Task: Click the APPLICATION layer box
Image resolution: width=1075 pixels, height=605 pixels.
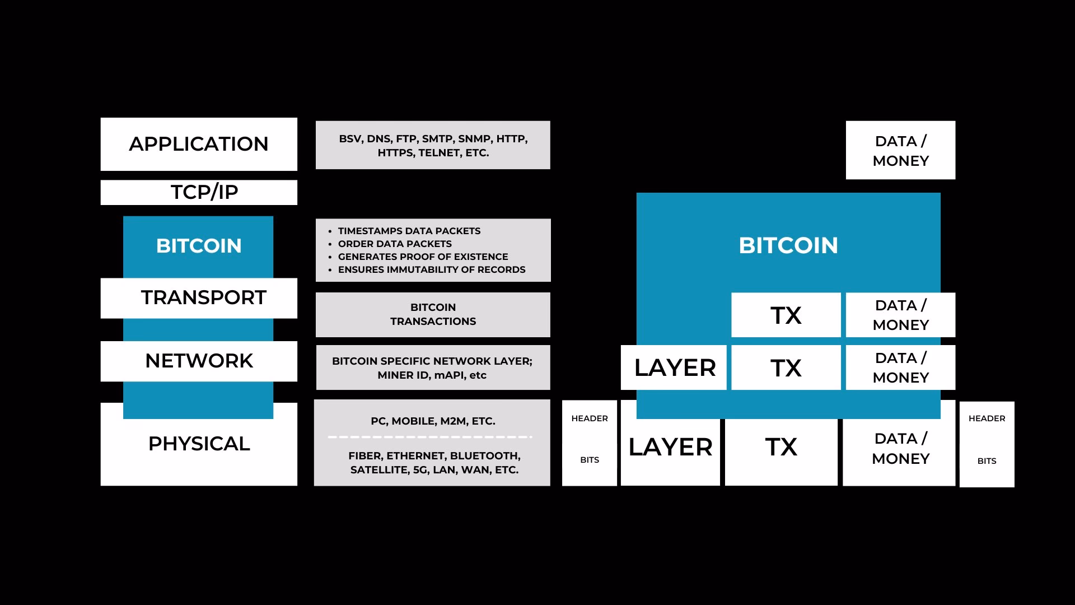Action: pyautogui.click(x=199, y=144)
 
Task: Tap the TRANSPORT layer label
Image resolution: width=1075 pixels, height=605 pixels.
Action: pyautogui.click(x=203, y=297)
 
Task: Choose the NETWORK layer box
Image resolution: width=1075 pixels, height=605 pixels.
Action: pyautogui.click(x=199, y=361)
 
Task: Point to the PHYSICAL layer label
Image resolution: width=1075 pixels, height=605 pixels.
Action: pyautogui.click(x=199, y=444)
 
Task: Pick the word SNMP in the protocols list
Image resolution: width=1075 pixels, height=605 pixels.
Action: pyautogui.click(x=474, y=139)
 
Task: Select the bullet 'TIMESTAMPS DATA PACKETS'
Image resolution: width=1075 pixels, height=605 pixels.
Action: pyautogui.click(x=409, y=231)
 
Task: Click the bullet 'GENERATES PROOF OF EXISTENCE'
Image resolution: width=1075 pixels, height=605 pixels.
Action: pyautogui.click(x=423, y=257)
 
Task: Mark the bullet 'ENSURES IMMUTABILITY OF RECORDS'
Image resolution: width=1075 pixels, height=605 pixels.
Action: pyautogui.click(x=431, y=269)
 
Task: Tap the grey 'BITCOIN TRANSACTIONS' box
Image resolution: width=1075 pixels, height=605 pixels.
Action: pyautogui.click(x=433, y=314)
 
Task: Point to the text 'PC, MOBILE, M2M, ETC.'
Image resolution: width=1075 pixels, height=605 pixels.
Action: pyautogui.click(x=433, y=421)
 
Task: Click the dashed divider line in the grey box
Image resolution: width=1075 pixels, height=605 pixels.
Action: pyautogui.click(x=429, y=437)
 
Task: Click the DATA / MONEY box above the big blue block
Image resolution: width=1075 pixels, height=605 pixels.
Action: pyautogui.click(x=900, y=150)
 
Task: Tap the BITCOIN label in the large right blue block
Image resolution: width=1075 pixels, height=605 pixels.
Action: pyautogui.click(x=788, y=245)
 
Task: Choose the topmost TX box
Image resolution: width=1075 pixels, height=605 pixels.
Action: pyautogui.click(x=786, y=315)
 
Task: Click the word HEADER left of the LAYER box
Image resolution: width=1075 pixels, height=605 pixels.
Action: pyautogui.click(x=590, y=418)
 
